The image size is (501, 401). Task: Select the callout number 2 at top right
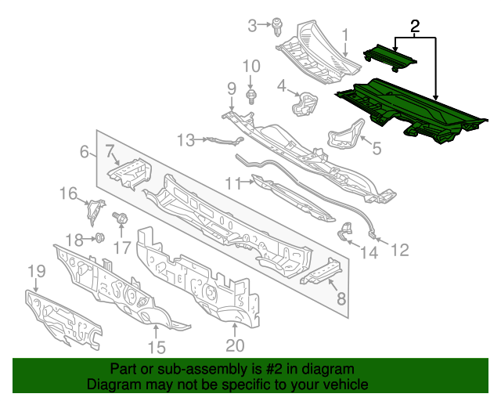416,26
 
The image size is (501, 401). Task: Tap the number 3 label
253,26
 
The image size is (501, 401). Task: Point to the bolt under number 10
250,96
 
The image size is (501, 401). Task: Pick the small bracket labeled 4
305,103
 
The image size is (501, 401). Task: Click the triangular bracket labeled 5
347,135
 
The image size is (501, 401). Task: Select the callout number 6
84,152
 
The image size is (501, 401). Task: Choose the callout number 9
232,87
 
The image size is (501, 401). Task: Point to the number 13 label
185,140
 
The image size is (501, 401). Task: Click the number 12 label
399,250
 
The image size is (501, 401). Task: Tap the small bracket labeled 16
95,211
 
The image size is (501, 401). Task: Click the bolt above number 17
121,219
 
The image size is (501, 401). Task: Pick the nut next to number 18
99,237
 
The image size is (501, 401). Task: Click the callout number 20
235,345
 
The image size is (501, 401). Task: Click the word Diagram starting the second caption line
114,385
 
